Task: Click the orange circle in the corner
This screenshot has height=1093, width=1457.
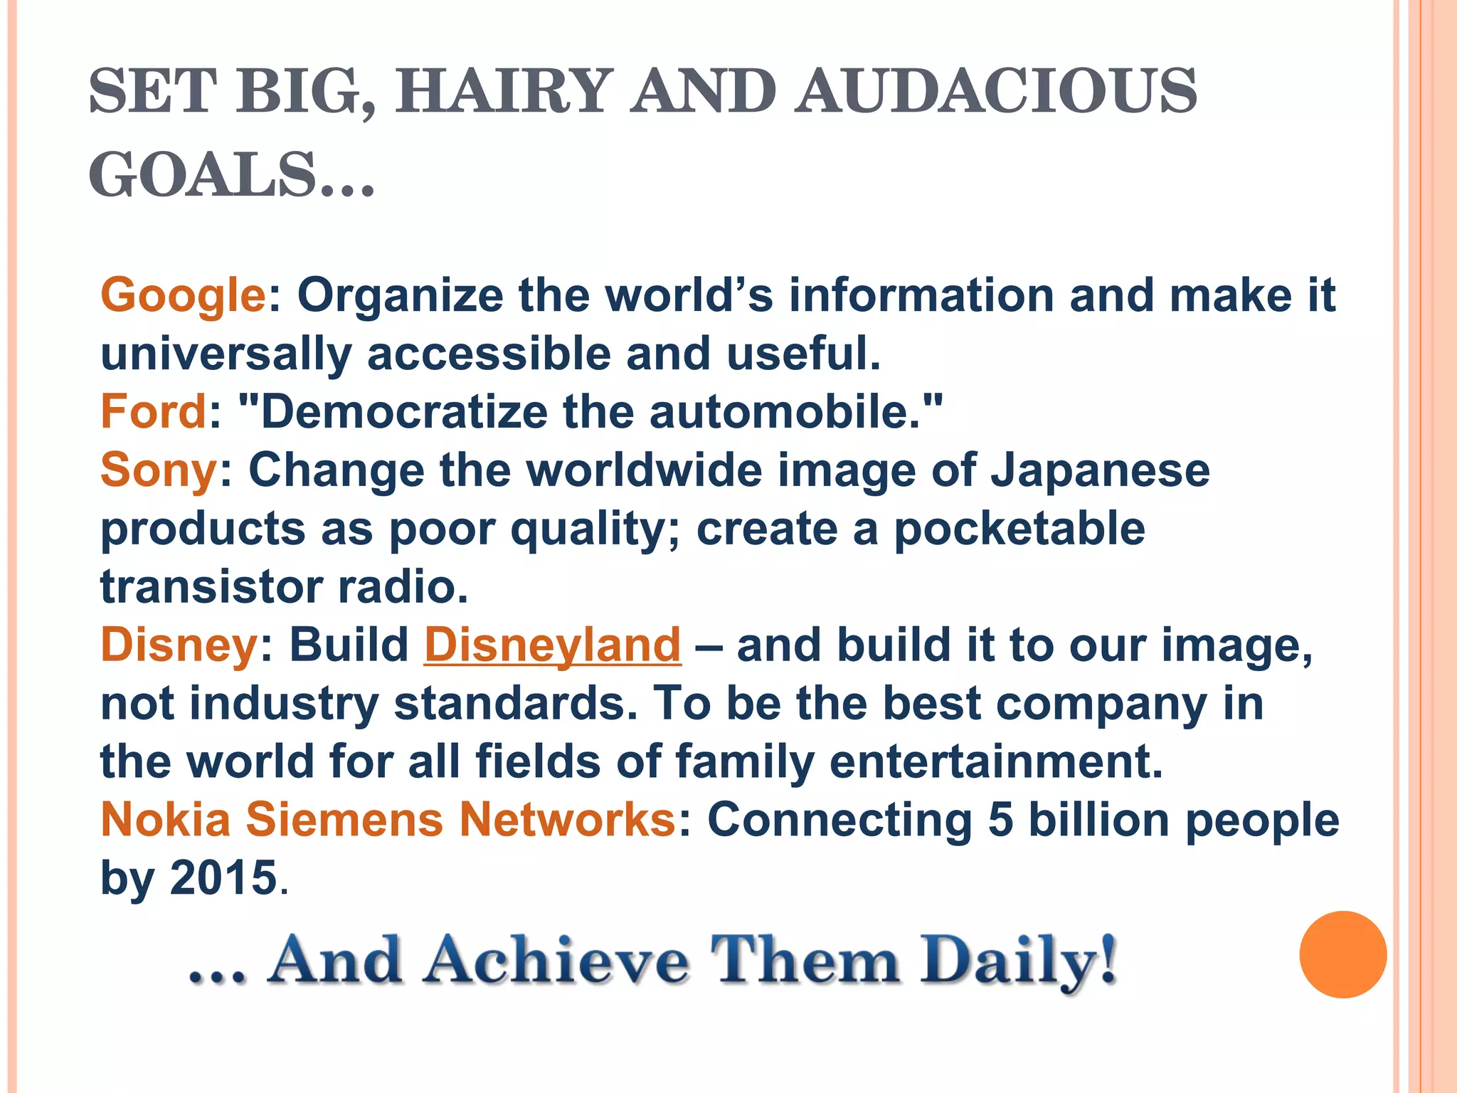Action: point(1342,954)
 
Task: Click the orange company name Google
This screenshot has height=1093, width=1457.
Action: point(183,295)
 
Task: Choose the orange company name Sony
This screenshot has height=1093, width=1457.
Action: point(159,470)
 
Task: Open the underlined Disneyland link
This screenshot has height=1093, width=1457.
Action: point(552,645)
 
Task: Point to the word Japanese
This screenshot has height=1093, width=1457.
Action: point(1100,470)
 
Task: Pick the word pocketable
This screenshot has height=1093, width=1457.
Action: point(1019,529)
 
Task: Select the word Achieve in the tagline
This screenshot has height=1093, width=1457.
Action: point(556,961)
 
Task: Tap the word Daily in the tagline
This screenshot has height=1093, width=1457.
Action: point(1017,961)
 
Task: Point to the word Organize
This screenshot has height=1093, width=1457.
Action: point(400,295)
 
